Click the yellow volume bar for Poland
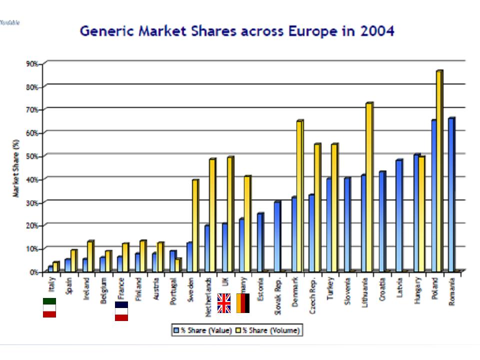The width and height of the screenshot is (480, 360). pyautogui.click(x=439, y=170)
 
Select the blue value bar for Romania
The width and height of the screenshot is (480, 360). pyautogui.click(x=452, y=195)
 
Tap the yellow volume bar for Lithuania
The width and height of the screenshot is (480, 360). pyautogui.click(x=369, y=187)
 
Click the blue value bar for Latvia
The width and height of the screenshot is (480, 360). pyautogui.click(x=398, y=215)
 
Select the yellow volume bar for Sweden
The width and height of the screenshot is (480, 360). pyautogui.click(x=195, y=225)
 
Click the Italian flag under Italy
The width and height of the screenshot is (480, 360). pyautogui.click(x=49, y=307)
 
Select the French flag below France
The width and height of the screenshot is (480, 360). pyautogui.click(x=121, y=310)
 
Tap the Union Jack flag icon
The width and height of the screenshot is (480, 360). pyautogui.click(x=224, y=303)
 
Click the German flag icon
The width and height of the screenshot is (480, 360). pyautogui.click(x=242, y=303)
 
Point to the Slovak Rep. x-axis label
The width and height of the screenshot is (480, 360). pyautogui.click(x=277, y=295)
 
